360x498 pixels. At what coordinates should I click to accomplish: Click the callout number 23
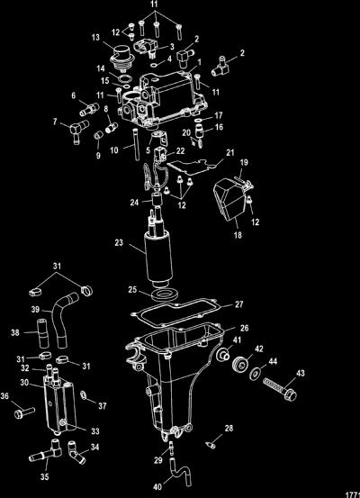point(119,243)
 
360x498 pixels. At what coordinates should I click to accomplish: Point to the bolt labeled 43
point(280,389)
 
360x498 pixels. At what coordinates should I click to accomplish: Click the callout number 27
point(238,304)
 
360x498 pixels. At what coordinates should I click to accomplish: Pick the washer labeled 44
point(255,375)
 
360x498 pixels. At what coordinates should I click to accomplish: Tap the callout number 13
point(95,38)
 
